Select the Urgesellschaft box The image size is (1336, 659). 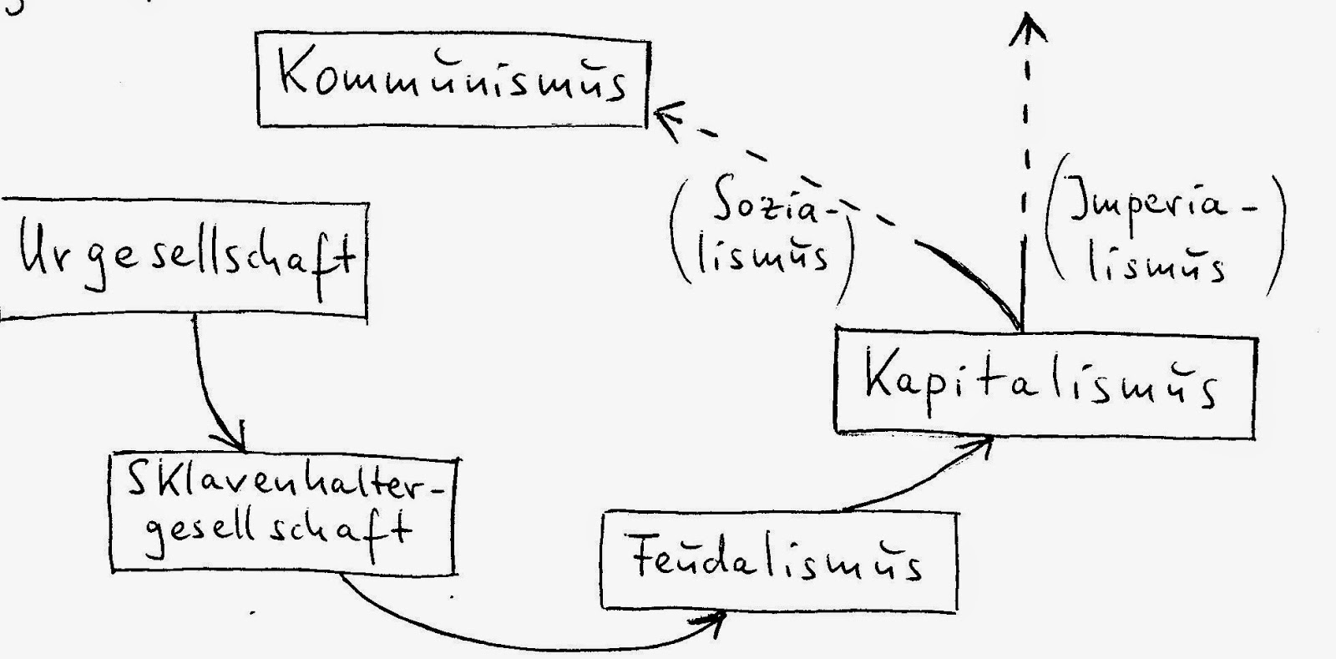[x=184, y=259]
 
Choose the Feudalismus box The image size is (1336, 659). [x=778, y=561]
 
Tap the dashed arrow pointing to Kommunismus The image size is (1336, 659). [x=802, y=180]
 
